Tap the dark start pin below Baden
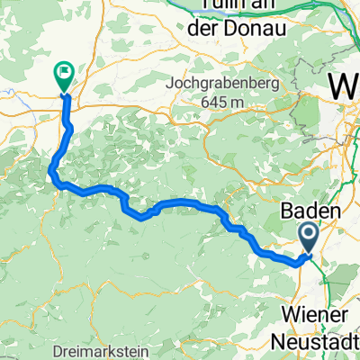(307, 238)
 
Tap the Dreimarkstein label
(115, 349)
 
